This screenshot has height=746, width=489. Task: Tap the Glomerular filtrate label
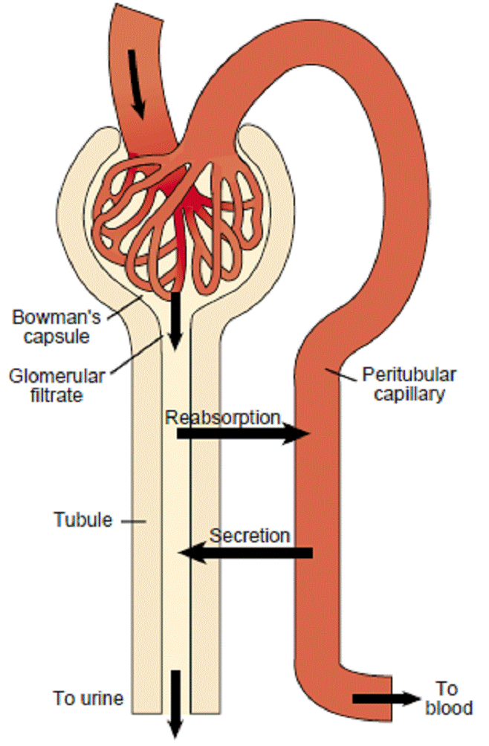pos(50,385)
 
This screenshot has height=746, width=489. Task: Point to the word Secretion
pos(250,535)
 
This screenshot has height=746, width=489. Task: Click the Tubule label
pos(82,519)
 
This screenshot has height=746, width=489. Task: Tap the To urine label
pos(88,698)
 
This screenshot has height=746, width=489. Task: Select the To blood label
pos(448,698)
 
